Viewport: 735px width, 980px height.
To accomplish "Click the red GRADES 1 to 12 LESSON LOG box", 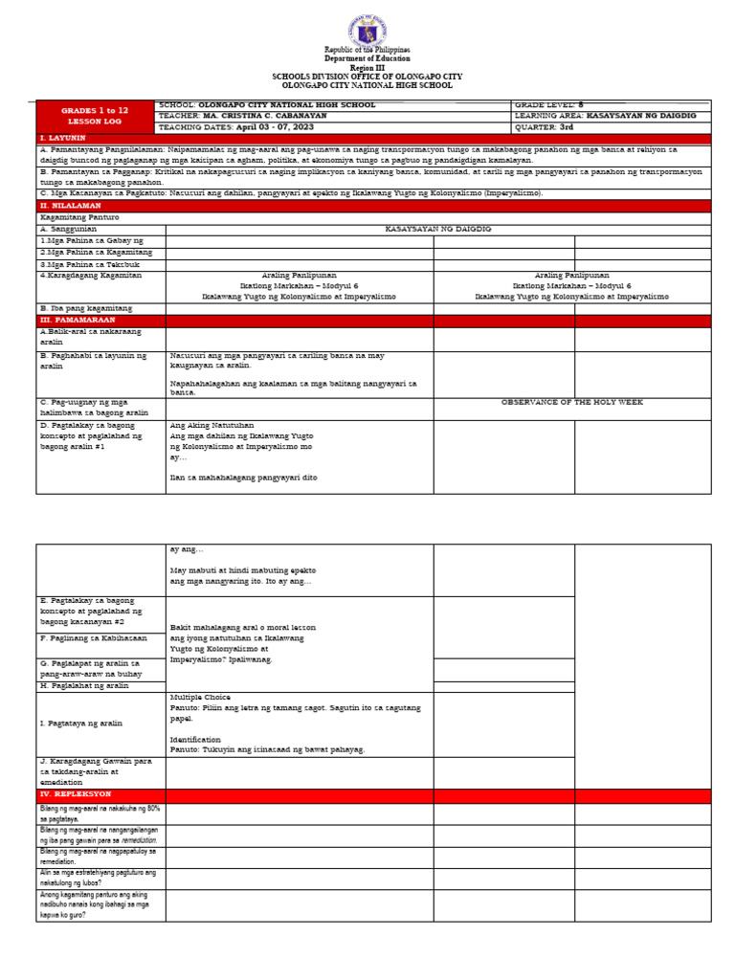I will coord(95,116).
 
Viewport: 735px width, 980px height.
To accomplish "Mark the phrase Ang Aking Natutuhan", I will coord(212,425).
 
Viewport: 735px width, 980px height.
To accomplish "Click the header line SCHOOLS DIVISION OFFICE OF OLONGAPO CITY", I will coord(367,76).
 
